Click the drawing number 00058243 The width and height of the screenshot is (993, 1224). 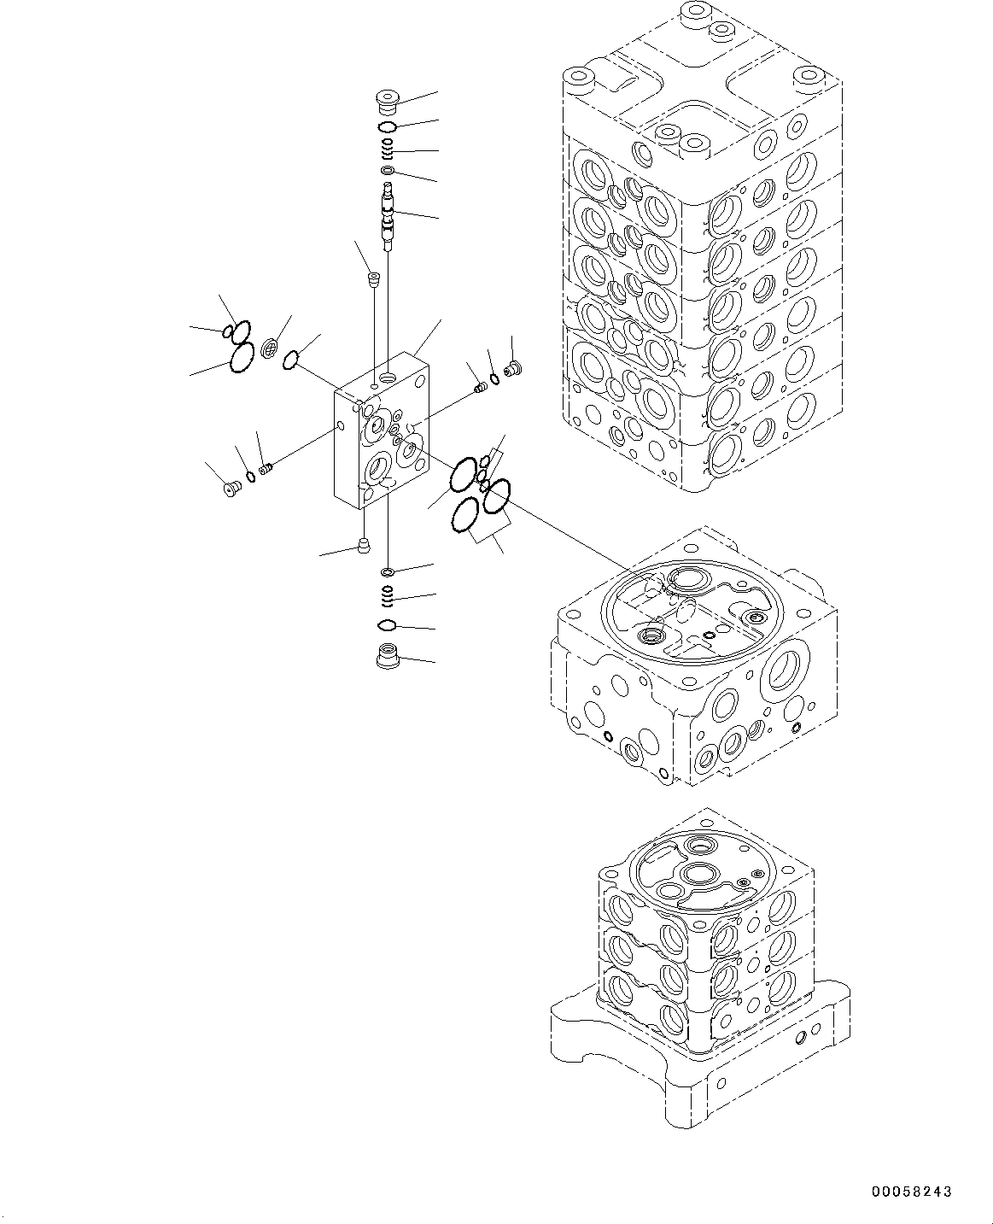[x=911, y=1192]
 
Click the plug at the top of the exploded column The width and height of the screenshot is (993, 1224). [x=388, y=102]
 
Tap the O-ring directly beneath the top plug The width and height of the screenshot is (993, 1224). [x=387, y=127]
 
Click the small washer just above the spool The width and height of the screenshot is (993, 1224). [x=388, y=172]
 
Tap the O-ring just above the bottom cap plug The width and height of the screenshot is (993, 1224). [x=387, y=625]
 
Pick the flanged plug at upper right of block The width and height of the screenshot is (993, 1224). [x=513, y=368]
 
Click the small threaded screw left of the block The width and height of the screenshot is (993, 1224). [x=266, y=469]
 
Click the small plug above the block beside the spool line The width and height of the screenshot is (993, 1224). [x=372, y=278]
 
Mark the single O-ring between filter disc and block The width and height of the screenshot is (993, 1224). [x=291, y=360]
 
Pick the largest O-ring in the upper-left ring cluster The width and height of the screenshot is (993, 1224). [x=241, y=358]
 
